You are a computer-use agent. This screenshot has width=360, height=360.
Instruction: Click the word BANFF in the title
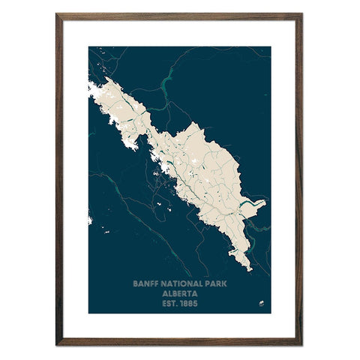coord(145,284)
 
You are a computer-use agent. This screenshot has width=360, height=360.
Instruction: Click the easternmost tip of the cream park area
coord(265,202)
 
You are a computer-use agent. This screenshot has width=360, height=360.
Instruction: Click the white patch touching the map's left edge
coord(90,220)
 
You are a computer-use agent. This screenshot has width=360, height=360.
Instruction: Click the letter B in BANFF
coord(134,284)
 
